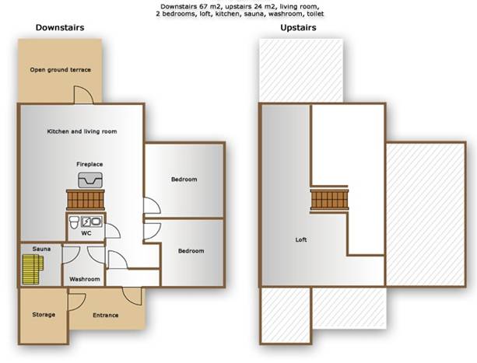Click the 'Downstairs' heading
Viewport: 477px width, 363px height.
(60, 27)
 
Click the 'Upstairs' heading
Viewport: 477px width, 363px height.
(298, 28)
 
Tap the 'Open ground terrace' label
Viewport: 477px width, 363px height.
(60, 69)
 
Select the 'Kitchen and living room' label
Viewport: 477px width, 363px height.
(82, 131)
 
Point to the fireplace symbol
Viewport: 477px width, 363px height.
(90, 180)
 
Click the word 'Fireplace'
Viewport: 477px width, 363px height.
(89, 164)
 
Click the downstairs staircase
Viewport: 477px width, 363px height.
(86, 200)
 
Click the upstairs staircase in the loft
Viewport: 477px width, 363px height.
(329, 199)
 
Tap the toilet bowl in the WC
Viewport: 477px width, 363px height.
(73, 222)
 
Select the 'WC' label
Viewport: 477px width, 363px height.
(86, 233)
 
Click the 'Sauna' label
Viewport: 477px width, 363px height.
(41, 249)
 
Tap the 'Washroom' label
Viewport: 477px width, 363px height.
(85, 279)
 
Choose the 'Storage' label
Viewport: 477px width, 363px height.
(44, 315)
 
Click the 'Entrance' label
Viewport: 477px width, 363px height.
(106, 316)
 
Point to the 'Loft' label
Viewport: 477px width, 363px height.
(301, 239)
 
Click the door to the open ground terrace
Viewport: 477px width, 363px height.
(84, 95)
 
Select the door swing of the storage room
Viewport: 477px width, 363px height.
(76, 302)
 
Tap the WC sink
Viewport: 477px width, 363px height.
(96, 222)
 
